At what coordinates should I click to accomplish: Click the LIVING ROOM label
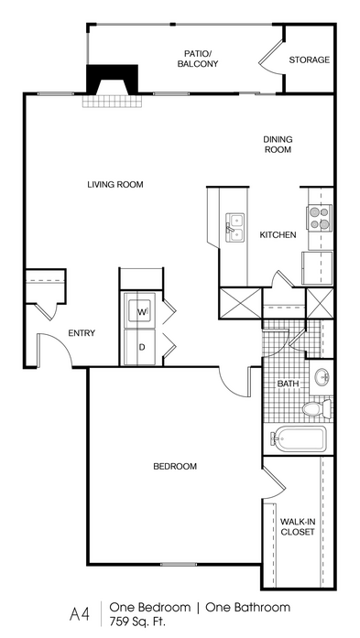pos(115,184)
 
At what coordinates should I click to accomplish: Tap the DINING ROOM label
pos(278,145)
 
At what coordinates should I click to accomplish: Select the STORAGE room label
pos(309,59)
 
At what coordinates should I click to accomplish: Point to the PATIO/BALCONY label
pos(198,59)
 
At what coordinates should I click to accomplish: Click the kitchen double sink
pos(235,228)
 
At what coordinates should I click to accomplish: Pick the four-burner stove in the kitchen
pos(319,218)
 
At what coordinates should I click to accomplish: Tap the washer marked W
pos(140,311)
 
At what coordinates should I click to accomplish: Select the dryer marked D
pos(140,347)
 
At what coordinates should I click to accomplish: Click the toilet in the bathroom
pos(317,408)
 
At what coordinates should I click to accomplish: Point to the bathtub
pos(299,438)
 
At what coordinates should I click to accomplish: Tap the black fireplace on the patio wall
pos(112,79)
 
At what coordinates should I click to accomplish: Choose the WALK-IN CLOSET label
pos(298,526)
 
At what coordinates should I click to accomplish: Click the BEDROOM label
pos(175,466)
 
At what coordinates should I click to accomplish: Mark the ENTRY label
pos(82,333)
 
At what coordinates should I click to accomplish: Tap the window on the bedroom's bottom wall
pos(179,565)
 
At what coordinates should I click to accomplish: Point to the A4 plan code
pos(80,614)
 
